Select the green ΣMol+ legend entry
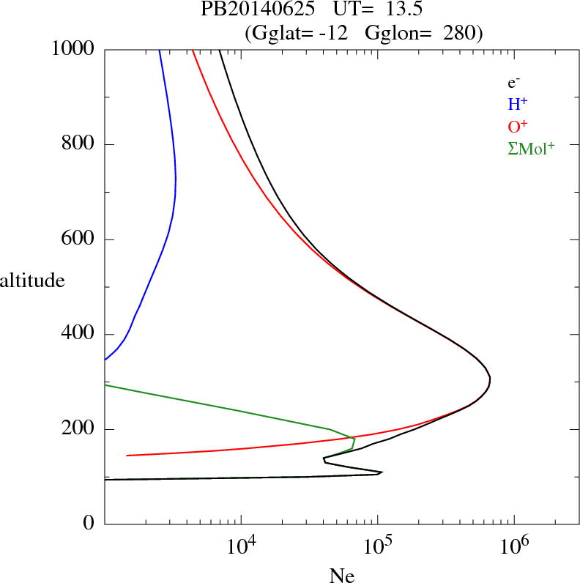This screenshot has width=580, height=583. [531, 148]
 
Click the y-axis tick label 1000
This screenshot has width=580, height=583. [73, 49]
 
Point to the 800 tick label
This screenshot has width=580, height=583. [78, 144]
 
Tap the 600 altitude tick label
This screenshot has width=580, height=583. [78, 239]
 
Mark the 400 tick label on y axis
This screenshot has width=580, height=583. [78, 335]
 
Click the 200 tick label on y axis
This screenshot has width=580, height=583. [78, 429]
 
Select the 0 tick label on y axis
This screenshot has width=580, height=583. [89, 524]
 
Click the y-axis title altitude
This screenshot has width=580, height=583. [32, 280]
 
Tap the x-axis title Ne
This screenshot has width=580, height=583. [341, 576]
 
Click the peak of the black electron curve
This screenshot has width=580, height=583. [489, 379]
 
